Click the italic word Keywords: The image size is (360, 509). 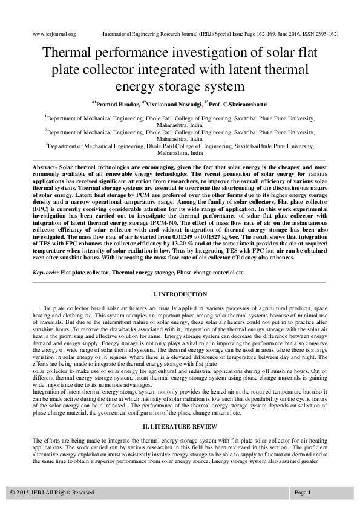(45, 273)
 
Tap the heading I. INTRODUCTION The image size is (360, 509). (180, 294)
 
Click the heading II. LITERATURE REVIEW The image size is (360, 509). (180, 427)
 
